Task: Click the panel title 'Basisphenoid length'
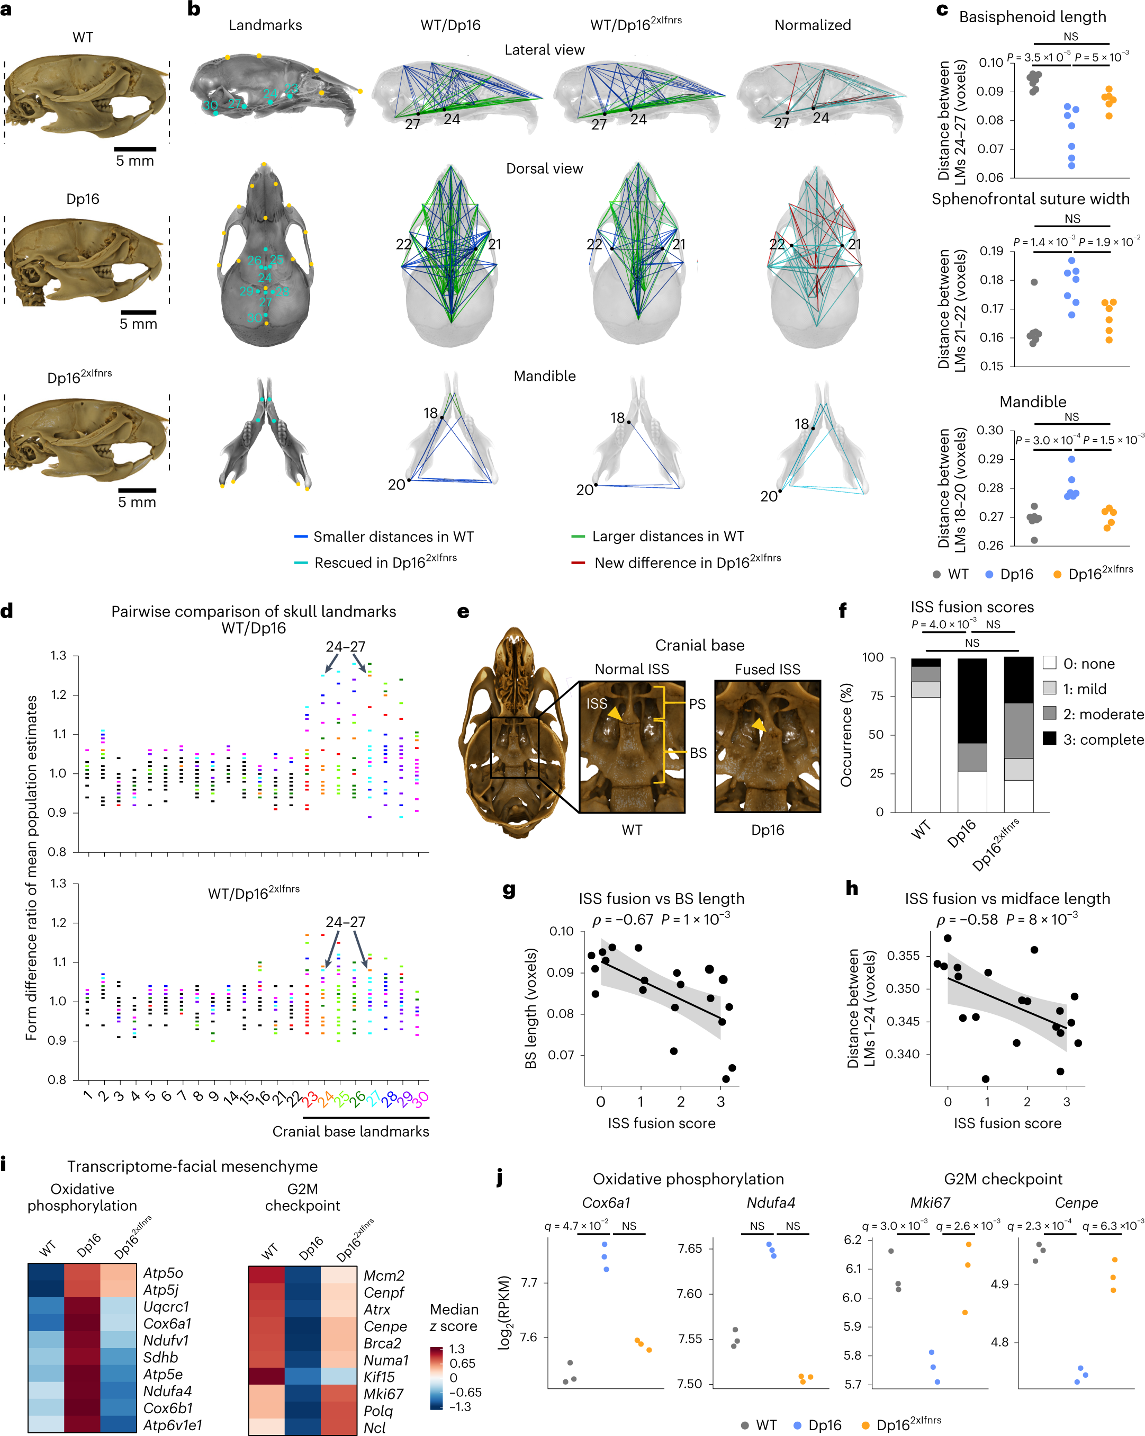coord(1032,16)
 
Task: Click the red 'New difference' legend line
coord(578,563)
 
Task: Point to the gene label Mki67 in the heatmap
coord(383,1394)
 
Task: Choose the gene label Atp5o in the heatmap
coord(163,1273)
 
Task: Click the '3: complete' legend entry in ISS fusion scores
coord(1103,739)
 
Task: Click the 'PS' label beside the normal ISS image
coord(697,704)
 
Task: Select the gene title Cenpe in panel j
coord(1076,1202)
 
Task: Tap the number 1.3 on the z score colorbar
coord(457,1349)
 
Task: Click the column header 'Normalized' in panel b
coord(812,25)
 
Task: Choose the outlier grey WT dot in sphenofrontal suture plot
coord(1034,282)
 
